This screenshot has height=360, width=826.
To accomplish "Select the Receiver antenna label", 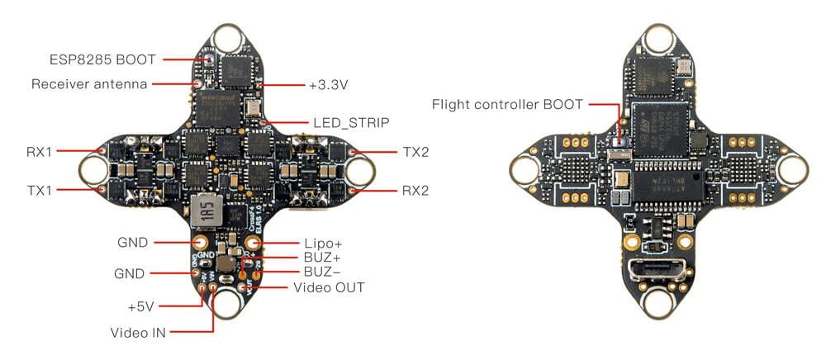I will pyautogui.click(x=89, y=84).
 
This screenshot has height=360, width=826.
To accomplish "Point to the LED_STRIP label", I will pyautogui.click(x=350, y=121).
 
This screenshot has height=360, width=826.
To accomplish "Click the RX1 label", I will pyautogui.click(x=38, y=152).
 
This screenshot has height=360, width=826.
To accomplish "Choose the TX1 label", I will pyautogui.click(x=38, y=190).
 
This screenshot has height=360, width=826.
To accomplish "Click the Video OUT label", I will pyautogui.click(x=329, y=287).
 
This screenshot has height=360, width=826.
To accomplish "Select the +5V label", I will pyautogui.click(x=141, y=306).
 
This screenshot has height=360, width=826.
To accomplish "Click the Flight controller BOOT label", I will pyautogui.click(x=507, y=105).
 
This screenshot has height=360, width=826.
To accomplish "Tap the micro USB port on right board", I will pyautogui.click(x=652, y=270).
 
